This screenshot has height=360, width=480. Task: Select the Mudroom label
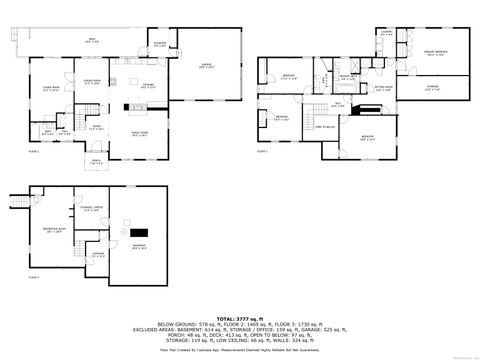point(160,44)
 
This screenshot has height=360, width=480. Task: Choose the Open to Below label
point(326,128)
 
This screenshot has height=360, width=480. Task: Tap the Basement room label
point(139,248)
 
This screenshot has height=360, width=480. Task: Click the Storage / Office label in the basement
point(91,209)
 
